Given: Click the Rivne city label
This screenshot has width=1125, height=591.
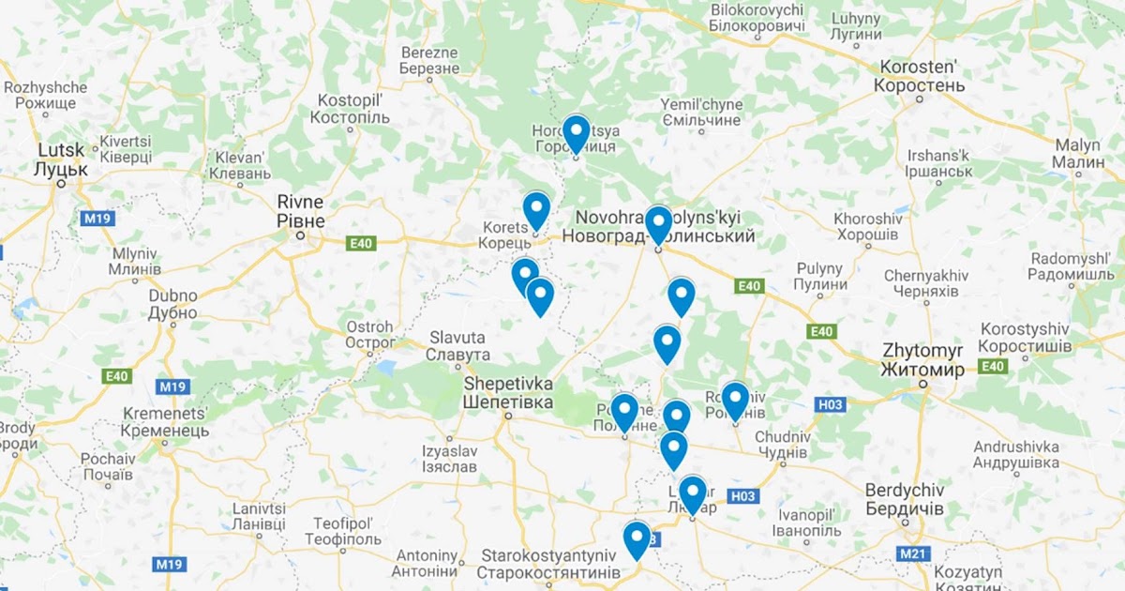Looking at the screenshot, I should [x=301, y=212].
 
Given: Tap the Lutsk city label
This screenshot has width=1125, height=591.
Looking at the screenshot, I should [x=60, y=160].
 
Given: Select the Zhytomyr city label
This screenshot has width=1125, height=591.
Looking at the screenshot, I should [x=922, y=360].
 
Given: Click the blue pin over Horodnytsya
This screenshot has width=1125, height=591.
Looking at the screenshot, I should [x=576, y=133].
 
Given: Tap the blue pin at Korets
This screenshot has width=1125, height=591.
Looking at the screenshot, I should [x=535, y=209].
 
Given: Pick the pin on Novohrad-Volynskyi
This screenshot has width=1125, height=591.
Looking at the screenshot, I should [x=658, y=223].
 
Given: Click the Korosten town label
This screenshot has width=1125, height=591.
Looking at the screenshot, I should [x=919, y=77].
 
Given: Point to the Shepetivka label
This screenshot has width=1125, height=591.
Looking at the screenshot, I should [x=507, y=393].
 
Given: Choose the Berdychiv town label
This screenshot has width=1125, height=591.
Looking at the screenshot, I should [x=904, y=499].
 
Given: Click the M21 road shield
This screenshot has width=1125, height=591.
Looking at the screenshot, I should [x=913, y=554].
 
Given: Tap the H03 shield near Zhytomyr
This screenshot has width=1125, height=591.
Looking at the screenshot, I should [x=831, y=404].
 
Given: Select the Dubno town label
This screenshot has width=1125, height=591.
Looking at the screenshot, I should [x=172, y=304].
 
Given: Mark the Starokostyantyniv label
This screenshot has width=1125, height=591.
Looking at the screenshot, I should [x=548, y=564].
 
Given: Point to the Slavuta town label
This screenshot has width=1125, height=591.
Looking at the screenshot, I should [x=457, y=346].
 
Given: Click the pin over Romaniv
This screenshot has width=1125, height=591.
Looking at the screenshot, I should [x=735, y=399].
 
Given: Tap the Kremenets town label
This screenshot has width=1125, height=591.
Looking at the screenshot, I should [x=166, y=421].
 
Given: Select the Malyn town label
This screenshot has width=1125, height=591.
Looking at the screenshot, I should [x=1078, y=153].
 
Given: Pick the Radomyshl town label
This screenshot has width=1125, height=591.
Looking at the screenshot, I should [x=1070, y=266].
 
